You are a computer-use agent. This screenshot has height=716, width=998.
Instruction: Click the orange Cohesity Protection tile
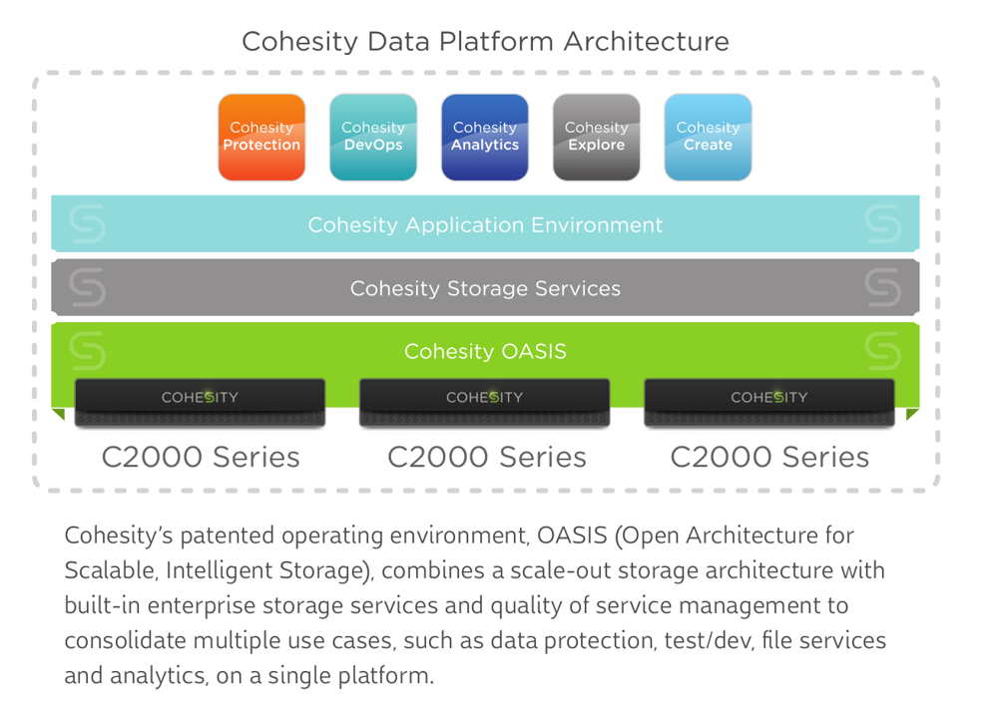click(261, 137)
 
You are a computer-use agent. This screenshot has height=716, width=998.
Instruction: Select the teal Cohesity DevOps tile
click(373, 137)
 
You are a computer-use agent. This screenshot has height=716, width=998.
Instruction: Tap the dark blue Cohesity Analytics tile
click(485, 137)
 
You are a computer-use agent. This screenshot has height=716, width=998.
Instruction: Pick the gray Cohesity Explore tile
click(597, 137)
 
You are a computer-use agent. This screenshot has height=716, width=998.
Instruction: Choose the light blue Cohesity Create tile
click(708, 137)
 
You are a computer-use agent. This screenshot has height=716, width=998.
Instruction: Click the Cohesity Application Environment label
click(485, 225)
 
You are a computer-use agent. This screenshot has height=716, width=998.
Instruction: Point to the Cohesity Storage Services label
click(485, 289)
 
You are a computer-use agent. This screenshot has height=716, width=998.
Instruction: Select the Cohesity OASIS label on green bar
click(485, 352)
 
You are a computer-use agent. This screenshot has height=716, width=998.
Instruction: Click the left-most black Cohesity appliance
click(201, 402)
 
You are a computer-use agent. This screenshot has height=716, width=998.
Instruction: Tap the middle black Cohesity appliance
click(485, 402)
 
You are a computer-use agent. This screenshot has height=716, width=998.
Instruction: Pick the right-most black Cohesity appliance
click(769, 402)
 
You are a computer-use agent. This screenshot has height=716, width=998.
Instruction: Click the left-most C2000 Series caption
click(201, 458)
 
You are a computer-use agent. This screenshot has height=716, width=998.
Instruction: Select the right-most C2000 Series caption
click(769, 458)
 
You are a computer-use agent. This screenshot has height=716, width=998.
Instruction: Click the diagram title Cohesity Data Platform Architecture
click(485, 42)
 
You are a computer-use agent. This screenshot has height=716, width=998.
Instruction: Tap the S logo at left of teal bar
click(88, 225)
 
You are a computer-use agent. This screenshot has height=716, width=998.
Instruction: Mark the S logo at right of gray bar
click(883, 288)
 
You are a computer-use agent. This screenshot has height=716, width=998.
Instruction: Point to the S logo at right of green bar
click(883, 351)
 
